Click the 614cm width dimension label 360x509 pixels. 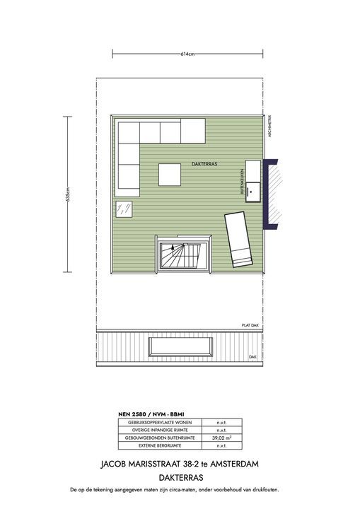(187, 54)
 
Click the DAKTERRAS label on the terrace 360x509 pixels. (204, 163)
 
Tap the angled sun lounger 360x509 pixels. (237, 239)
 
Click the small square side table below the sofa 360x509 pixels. (126, 209)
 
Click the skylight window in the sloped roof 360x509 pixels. (180, 346)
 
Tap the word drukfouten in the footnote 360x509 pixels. (277, 489)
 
